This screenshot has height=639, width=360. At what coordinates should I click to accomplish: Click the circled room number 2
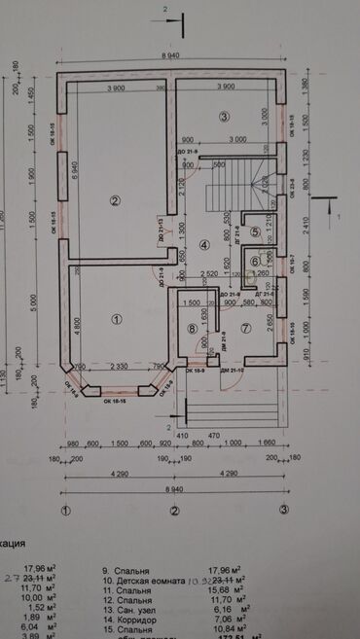[115, 201]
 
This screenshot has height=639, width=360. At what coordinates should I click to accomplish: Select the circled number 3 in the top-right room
[224, 118]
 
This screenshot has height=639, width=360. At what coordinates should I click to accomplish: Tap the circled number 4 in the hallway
[204, 246]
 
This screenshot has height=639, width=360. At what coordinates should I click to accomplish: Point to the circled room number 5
[255, 231]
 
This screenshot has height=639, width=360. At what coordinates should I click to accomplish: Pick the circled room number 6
[254, 261]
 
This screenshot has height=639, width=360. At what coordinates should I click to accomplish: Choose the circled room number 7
[246, 328]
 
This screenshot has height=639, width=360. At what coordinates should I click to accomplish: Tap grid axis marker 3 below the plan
[284, 510]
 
